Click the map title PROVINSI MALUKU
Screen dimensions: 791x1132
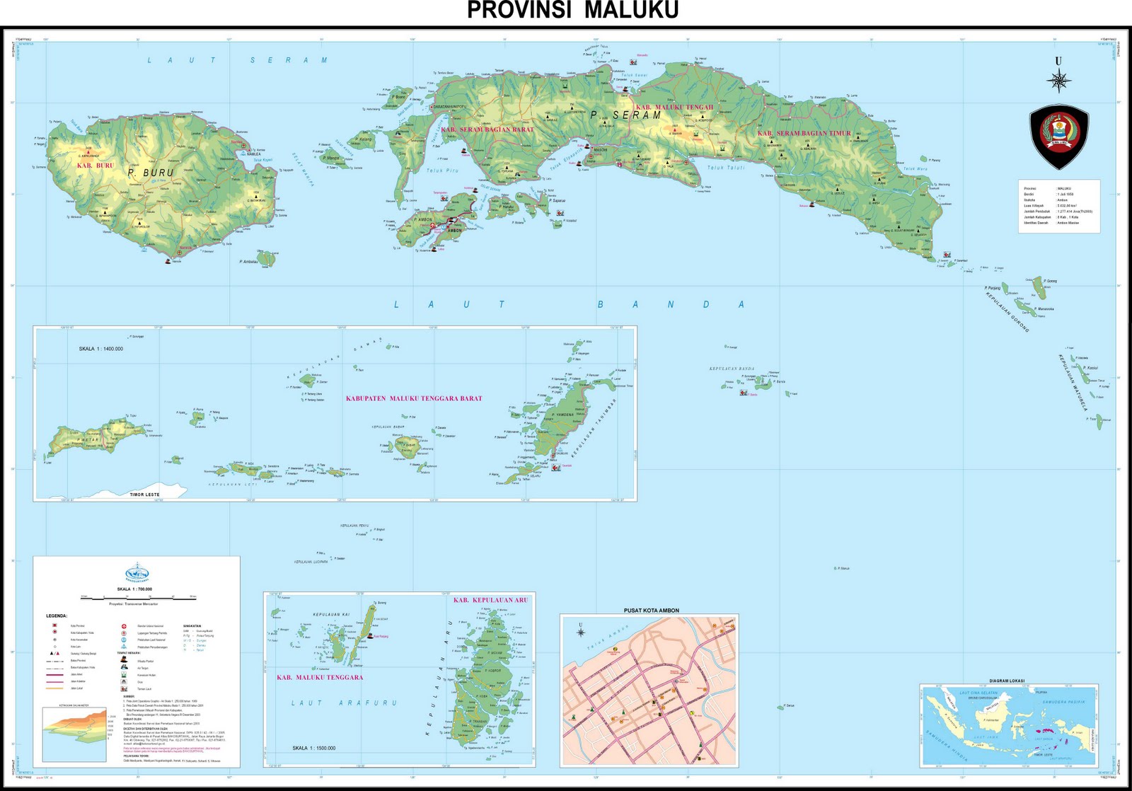572,11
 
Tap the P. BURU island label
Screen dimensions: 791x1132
151,173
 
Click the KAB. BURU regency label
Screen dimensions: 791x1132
95,165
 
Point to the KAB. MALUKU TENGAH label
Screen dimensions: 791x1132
675,108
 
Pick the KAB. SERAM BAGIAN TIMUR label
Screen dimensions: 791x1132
804,133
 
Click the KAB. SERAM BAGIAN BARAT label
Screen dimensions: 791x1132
487,129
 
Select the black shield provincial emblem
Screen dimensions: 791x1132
1058,137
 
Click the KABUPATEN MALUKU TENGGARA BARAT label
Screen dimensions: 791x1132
414,398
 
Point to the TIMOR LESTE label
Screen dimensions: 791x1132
144,495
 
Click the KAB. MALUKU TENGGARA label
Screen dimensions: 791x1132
320,677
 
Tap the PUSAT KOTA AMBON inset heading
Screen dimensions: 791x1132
651,610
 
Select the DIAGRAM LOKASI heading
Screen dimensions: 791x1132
1007,681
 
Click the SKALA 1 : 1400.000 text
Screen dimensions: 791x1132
100,349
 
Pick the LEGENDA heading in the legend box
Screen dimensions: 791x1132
57,616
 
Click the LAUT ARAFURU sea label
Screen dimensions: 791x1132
344,703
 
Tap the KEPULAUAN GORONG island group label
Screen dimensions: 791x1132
1006,309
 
